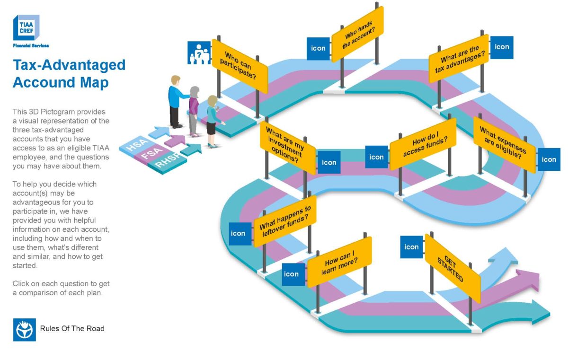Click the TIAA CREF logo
26,28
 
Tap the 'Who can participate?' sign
240,66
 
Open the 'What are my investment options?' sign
288,144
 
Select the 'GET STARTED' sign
452,268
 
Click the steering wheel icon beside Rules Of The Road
25,329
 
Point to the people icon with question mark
199,53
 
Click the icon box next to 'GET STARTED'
411,247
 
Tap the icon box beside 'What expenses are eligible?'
549,159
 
